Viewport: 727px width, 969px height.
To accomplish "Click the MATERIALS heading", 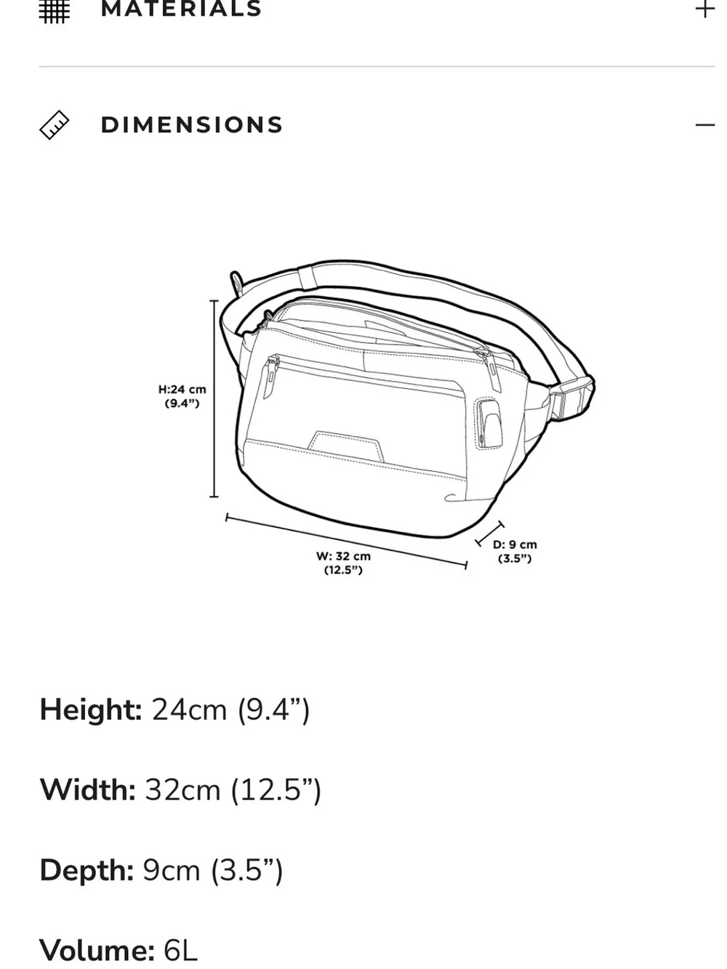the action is [181, 9].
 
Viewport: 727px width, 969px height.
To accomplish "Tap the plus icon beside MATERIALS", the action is [704, 9].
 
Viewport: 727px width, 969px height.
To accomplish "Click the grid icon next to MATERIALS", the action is [55, 11].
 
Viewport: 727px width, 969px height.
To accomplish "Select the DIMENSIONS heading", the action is [192, 125].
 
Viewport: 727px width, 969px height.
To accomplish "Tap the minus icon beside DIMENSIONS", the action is [705, 125].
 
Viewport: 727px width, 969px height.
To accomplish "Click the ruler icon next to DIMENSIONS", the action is [55, 125].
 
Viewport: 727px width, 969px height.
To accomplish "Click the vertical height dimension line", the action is [214, 398].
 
